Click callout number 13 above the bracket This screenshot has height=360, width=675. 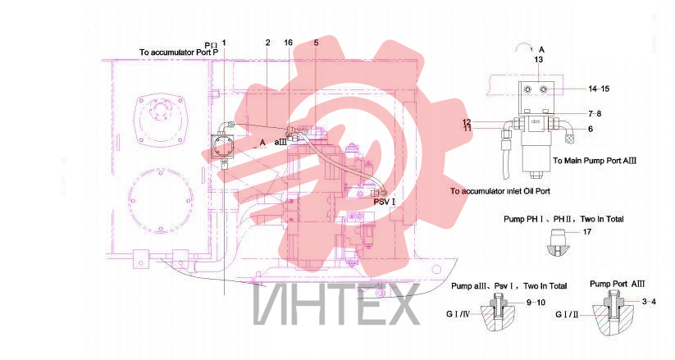tap(539, 59)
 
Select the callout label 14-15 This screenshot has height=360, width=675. tap(599, 89)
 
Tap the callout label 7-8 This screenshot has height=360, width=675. tap(595, 114)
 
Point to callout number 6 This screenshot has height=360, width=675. tap(591, 129)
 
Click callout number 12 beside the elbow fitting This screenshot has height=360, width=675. tap(467, 122)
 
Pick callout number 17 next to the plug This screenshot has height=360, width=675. tap(587, 232)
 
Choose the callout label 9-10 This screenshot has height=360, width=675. tap(536, 303)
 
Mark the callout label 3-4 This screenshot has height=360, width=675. tap(649, 302)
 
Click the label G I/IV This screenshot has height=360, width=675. tap(457, 314)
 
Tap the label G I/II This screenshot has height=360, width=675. tap(566, 315)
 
